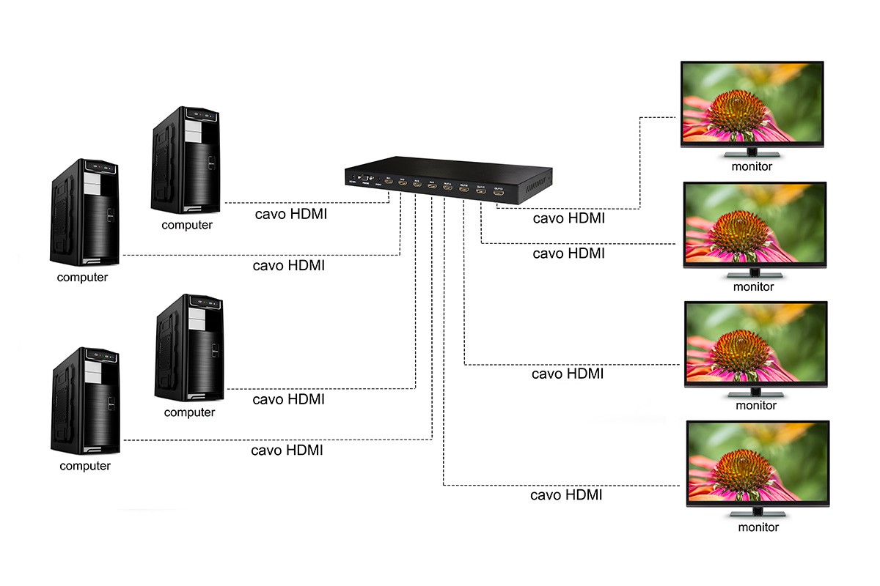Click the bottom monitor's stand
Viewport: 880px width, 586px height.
(758, 511)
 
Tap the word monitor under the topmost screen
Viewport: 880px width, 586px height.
(752, 166)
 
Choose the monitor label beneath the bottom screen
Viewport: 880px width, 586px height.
(758, 527)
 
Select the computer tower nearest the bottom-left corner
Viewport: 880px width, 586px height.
(84, 401)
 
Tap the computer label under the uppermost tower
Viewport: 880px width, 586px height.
(187, 225)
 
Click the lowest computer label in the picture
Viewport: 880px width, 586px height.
(85, 466)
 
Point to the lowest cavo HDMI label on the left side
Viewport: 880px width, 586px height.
(287, 450)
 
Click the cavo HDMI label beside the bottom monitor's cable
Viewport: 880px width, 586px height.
(566, 495)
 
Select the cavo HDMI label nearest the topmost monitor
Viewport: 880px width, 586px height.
(569, 218)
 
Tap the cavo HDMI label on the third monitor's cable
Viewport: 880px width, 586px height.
(568, 374)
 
